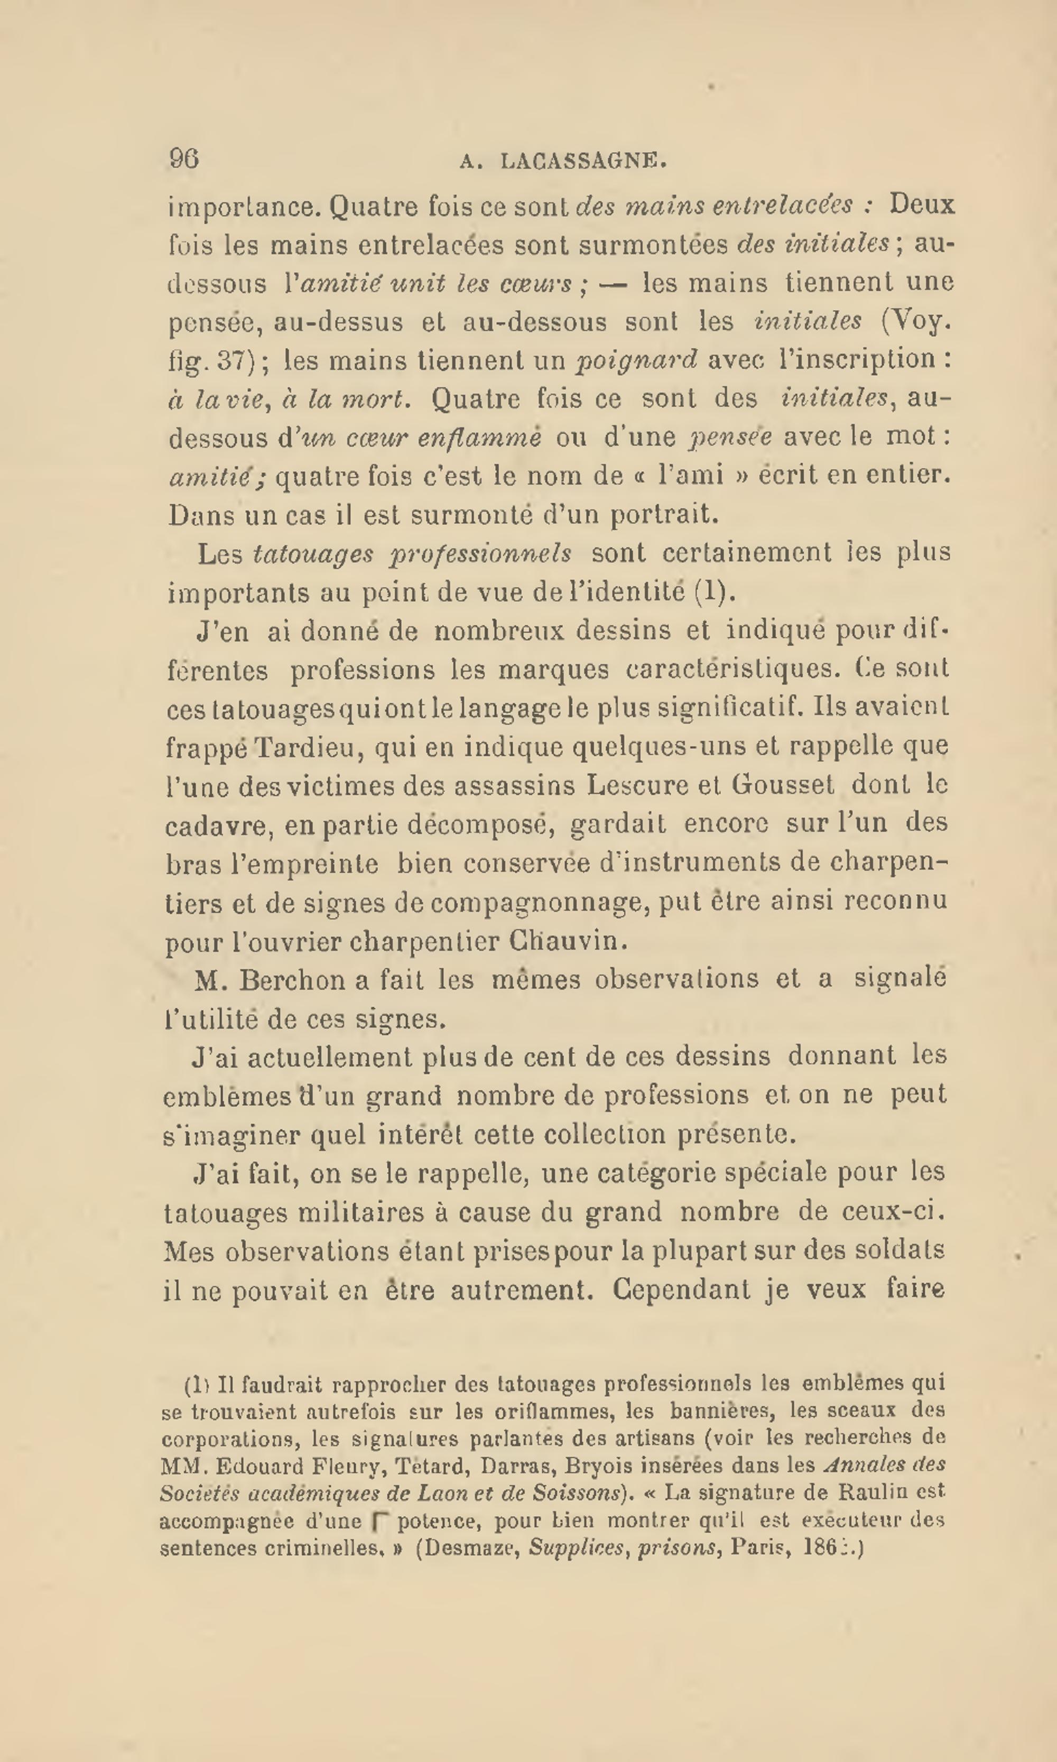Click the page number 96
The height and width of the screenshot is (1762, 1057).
coord(184,158)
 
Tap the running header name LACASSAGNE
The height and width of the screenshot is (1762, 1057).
coord(583,162)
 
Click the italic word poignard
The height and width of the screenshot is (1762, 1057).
coord(636,360)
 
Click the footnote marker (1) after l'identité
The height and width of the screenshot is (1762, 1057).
coord(713,592)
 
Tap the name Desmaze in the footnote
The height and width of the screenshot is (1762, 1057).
coord(469,1549)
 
